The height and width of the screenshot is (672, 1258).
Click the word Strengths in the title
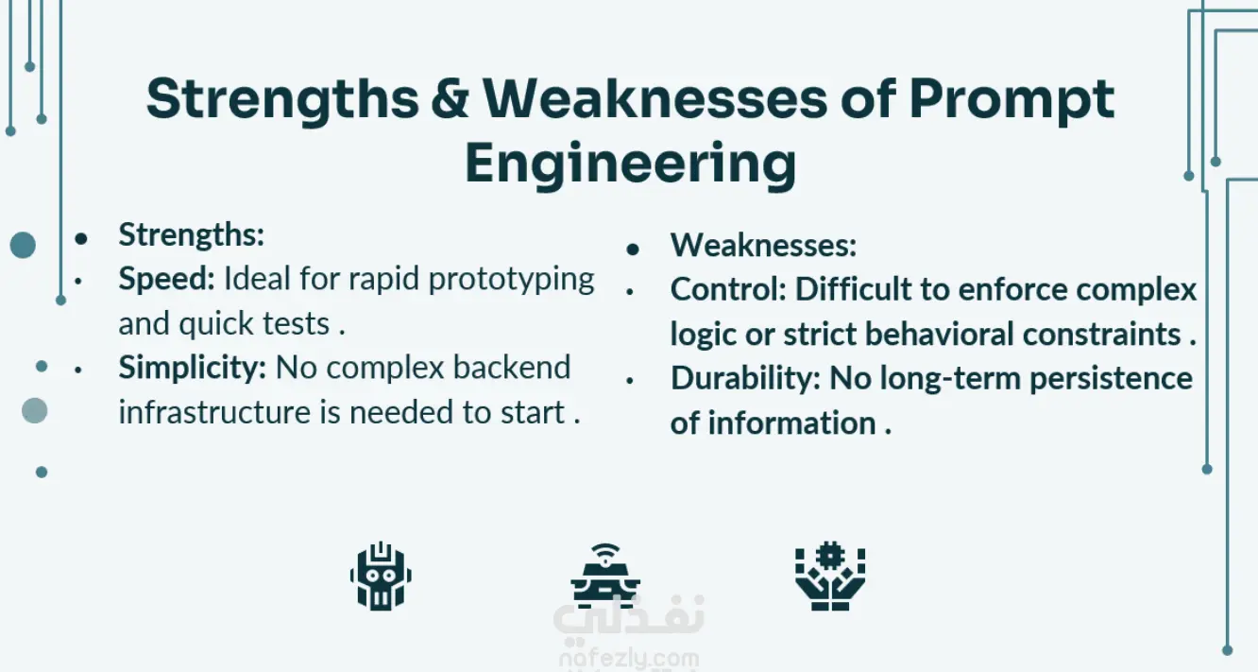282,100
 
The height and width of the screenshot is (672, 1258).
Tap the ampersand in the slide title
450,98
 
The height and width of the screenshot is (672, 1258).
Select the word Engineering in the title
630,164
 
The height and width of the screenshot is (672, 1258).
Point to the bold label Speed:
167,279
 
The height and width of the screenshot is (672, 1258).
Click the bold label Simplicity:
192,368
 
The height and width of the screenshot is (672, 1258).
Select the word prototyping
511,280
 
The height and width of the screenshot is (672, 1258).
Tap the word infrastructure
214,412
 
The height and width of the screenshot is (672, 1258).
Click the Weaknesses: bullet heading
763,245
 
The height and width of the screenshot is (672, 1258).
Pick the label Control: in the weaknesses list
728,289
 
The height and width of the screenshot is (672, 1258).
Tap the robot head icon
381,576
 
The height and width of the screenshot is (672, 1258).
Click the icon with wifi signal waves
604,576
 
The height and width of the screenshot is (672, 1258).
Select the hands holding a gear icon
830,576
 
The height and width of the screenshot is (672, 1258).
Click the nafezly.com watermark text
629,658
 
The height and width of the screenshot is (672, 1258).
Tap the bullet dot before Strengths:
81,238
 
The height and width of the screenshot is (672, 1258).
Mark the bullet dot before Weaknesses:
633,249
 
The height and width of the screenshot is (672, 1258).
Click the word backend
512,368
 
